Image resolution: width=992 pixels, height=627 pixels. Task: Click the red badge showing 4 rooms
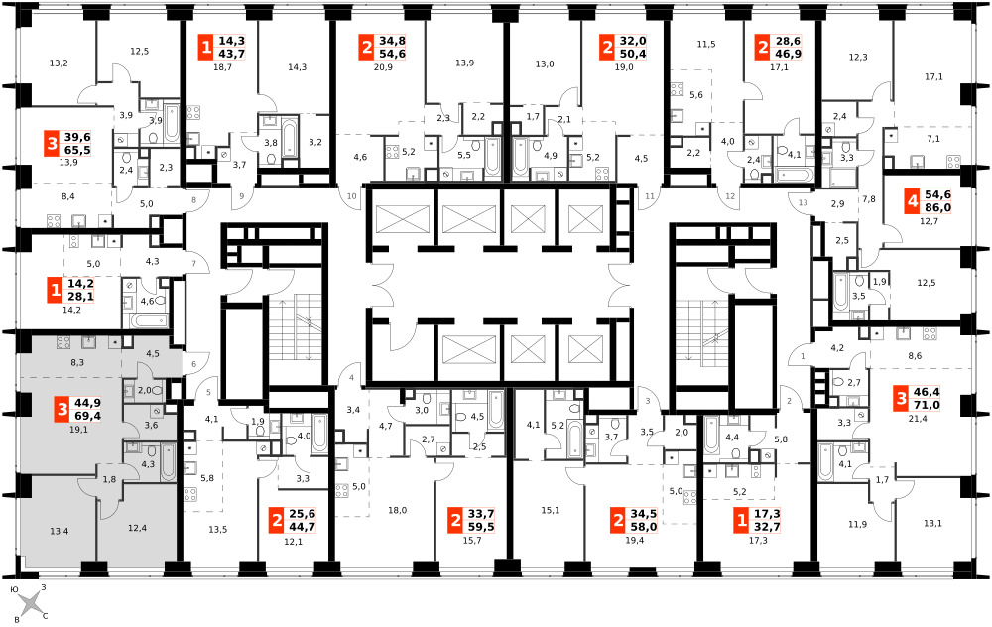[x=912, y=201]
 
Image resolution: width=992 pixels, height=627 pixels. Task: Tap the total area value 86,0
[x=937, y=208]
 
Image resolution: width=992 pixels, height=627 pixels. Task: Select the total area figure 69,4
[x=87, y=416]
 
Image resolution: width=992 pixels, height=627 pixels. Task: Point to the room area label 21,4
[x=917, y=419]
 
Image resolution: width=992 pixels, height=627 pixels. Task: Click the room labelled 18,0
[x=398, y=511]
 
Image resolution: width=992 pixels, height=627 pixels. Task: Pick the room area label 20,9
[x=383, y=67]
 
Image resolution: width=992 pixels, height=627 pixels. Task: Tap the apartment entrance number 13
[x=803, y=203]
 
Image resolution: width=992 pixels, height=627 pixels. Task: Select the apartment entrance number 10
[x=352, y=196]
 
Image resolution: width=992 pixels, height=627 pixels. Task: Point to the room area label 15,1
[x=551, y=511]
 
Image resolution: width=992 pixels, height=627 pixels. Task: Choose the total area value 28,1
[x=80, y=297]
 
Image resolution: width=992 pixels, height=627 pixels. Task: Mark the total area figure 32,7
[x=767, y=527]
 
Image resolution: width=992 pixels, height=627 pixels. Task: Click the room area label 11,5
[x=706, y=45]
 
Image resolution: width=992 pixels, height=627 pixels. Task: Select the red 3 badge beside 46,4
[x=902, y=399]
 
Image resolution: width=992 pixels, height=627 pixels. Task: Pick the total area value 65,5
[x=77, y=150]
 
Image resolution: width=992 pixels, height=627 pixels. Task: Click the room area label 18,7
[x=222, y=67]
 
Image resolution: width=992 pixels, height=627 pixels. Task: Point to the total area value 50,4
[x=632, y=54]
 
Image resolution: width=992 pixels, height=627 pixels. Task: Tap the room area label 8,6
[x=915, y=356]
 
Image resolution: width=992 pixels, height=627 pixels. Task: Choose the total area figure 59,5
[x=481, y=527]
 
